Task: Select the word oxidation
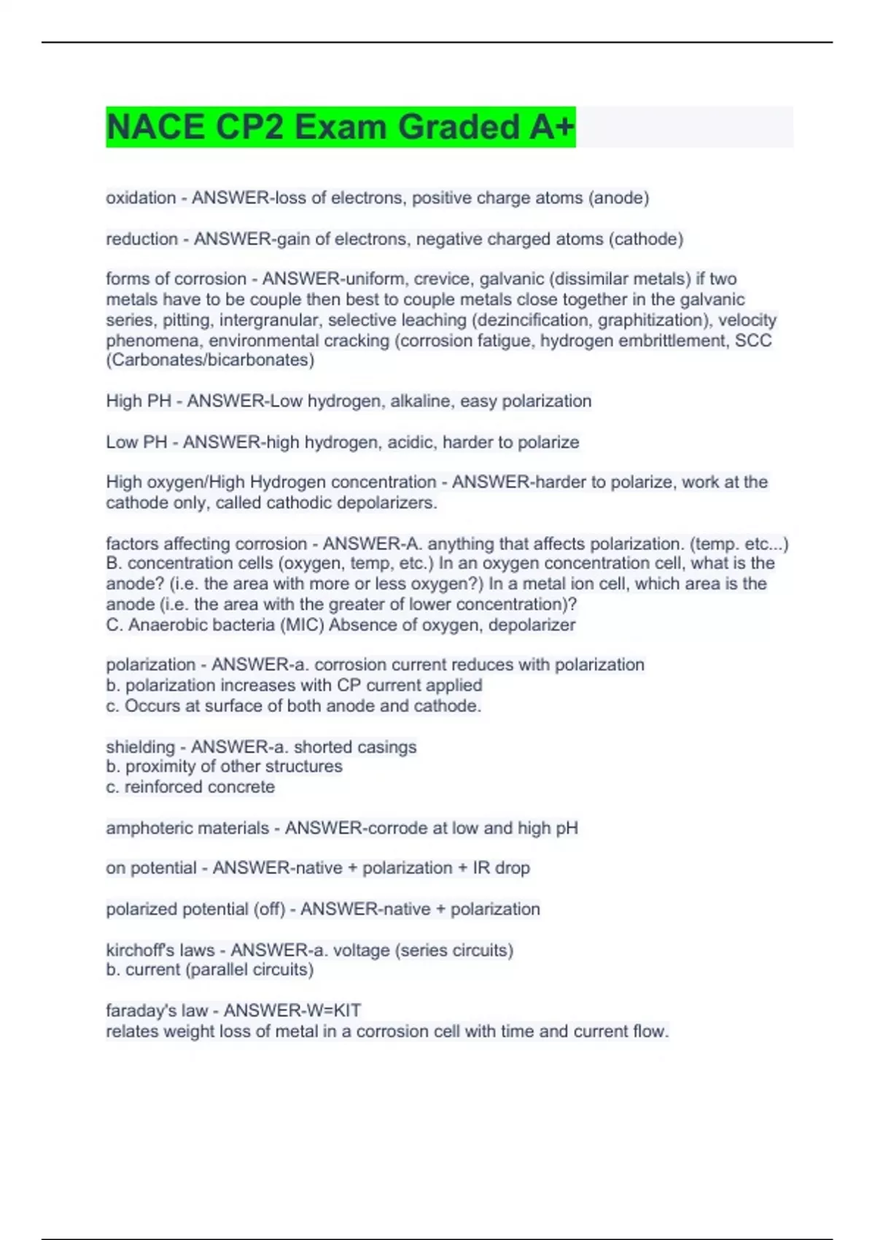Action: click(x=141, y=198)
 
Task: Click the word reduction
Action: click(x=141, y=239)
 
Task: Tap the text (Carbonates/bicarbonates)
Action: click(x=210, y=360)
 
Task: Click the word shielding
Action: click(x=140, y=747)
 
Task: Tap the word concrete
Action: click(x=241, y=787)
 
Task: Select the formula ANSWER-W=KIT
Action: click(x=292, y=1010)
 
